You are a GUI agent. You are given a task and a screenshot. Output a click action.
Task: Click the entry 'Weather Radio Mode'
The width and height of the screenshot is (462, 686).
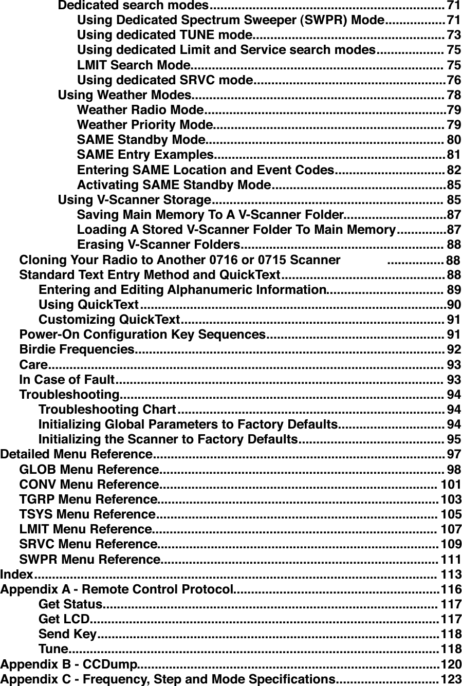[x=140, y=110]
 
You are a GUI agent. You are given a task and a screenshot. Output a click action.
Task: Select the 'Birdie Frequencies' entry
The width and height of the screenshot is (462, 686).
[x=77, y=350]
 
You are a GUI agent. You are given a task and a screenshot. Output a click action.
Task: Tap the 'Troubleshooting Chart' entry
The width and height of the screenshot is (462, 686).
[x=107, y=410]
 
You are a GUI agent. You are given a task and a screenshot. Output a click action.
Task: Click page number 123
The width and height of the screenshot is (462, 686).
[x=451, y=679]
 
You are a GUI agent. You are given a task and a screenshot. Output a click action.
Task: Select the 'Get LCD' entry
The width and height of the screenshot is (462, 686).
[x=64, y=618]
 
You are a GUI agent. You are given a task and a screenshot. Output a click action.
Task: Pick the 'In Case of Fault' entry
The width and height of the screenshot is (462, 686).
[x=66, y=380]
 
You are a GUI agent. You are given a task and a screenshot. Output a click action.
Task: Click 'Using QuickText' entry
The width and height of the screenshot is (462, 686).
[x=88, y=305]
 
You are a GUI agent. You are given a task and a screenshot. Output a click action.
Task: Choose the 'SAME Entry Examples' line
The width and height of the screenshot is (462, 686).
[x=144, y=155]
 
